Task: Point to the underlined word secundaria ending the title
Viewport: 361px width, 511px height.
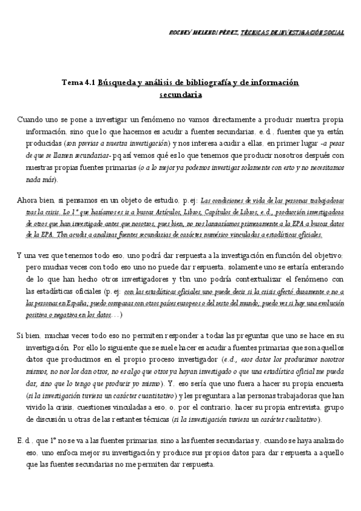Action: [181, 94]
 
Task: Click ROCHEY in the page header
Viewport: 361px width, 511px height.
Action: [181, 33]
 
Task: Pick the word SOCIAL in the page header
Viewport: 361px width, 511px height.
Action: [333, 33]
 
